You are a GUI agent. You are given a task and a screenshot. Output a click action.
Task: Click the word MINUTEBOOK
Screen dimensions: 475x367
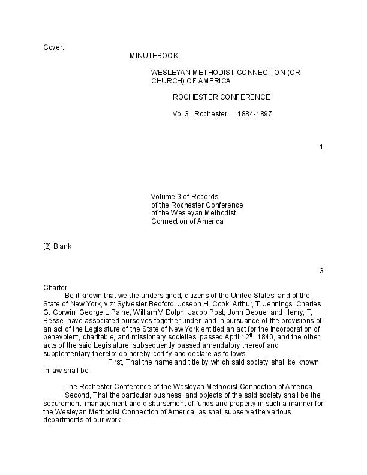(154, 56)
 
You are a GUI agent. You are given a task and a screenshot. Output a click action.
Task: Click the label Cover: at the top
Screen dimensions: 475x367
(53, 47)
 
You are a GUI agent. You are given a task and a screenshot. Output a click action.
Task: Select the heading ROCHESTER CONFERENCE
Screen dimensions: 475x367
(221, 97)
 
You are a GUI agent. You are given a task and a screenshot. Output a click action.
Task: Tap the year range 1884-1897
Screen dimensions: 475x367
(255, 114)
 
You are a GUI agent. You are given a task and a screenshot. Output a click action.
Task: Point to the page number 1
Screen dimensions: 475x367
(321, 147)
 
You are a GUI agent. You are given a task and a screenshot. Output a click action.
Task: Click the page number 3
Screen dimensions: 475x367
(321, 271)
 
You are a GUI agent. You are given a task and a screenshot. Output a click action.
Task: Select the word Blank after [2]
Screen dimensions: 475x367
(62, 246)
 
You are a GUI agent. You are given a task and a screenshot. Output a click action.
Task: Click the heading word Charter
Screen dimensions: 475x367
(55, 288)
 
